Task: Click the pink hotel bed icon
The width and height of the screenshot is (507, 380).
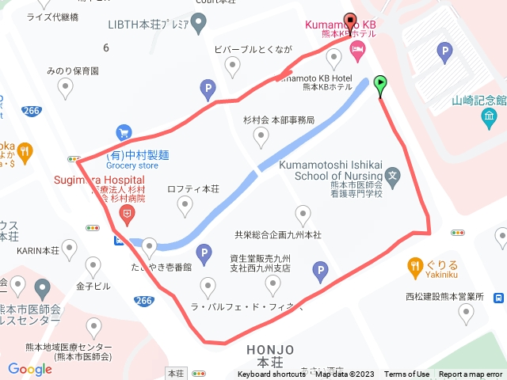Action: pyautogui.click(x=357, y=51)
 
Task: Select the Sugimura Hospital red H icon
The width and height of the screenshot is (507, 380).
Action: pyautogui.click(x=126, y=213)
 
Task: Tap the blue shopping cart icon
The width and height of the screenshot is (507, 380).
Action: pyautogui.click(x=124, y=132)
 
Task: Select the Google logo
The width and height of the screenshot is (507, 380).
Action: pyautogui.click(x=29, y=368)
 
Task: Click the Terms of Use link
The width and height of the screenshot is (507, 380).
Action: pyautogui.click(x=407, y=374)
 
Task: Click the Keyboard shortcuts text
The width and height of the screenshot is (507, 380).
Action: pyautogui.click(x=272, y=374)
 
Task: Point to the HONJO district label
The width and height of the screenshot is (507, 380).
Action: pyautogui.click(x=270, y=349)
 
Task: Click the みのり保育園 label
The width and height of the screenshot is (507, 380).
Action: pyautogui.click(x=72, y=70)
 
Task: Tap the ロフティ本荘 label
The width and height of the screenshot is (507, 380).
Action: pyautogui.click(x=193, y=189)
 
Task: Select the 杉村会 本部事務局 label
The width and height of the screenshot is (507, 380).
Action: pyautogui.click(x=279, y=120)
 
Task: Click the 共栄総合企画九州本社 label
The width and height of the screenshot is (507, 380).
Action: pyautogui.click(x=277, y=235)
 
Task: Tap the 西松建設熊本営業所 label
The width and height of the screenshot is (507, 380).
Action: pyautogui.click(x=444, y=297)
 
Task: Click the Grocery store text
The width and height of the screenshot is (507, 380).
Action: pyautogui.click(x=132, y=165)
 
